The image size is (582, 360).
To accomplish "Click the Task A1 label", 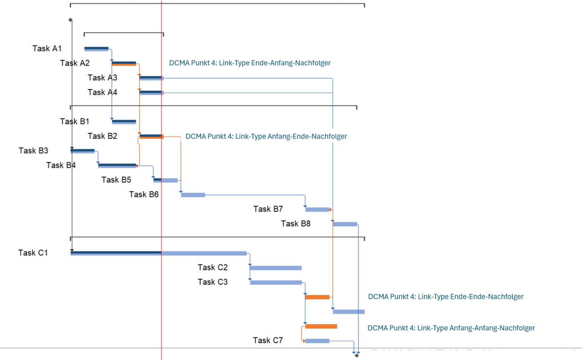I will pyautogui.click(x=47, y=49).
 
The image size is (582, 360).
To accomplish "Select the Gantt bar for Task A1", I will pyautogui.click(x=96, y=49).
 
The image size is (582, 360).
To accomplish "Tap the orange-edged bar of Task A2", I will pyautogui.click(x=124, y=63).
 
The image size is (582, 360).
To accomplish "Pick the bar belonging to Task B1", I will pyautogui.click(x=124, y=122).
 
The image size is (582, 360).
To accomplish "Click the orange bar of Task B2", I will pyautogui.click(x=151, y=136).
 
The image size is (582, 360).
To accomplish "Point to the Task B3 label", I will pyautogui.click(x=33, y=150).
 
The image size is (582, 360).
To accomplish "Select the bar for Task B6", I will pyautogui.click(x=193, y=195).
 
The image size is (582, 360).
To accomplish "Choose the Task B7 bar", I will pyautogui.click(x=317, y=210).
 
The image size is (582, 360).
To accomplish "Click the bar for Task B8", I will pyautogui.click(x=345, y=224).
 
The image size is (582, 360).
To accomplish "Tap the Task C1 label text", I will pyautogui.click(x=33, y=253).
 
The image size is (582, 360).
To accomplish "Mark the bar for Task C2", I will pyautogui.click(x=275, y=268).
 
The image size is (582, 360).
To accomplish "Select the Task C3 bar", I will pyautogui.click(x=275, y=282).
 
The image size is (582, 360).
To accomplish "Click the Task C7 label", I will pyautogui.click(x=268, y=340).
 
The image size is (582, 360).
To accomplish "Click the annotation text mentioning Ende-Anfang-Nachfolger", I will pyautogui.click(x=250, y=63).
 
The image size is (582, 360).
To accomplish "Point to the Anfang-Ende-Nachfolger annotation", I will pyautogui.click(x=266, y=136).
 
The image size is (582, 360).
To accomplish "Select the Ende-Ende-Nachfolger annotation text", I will pyautogui.click(x=446, y=297).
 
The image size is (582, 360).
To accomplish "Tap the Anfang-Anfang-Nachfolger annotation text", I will pyautogui.click(x=451, y=328).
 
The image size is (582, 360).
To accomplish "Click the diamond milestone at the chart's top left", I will pyautogui.click(x=70, y=20).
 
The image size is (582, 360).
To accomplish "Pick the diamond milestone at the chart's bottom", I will pyautogui.click(x=357, y=355).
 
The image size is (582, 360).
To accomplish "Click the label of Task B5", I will pyautogui.click(x=116, y=180).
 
